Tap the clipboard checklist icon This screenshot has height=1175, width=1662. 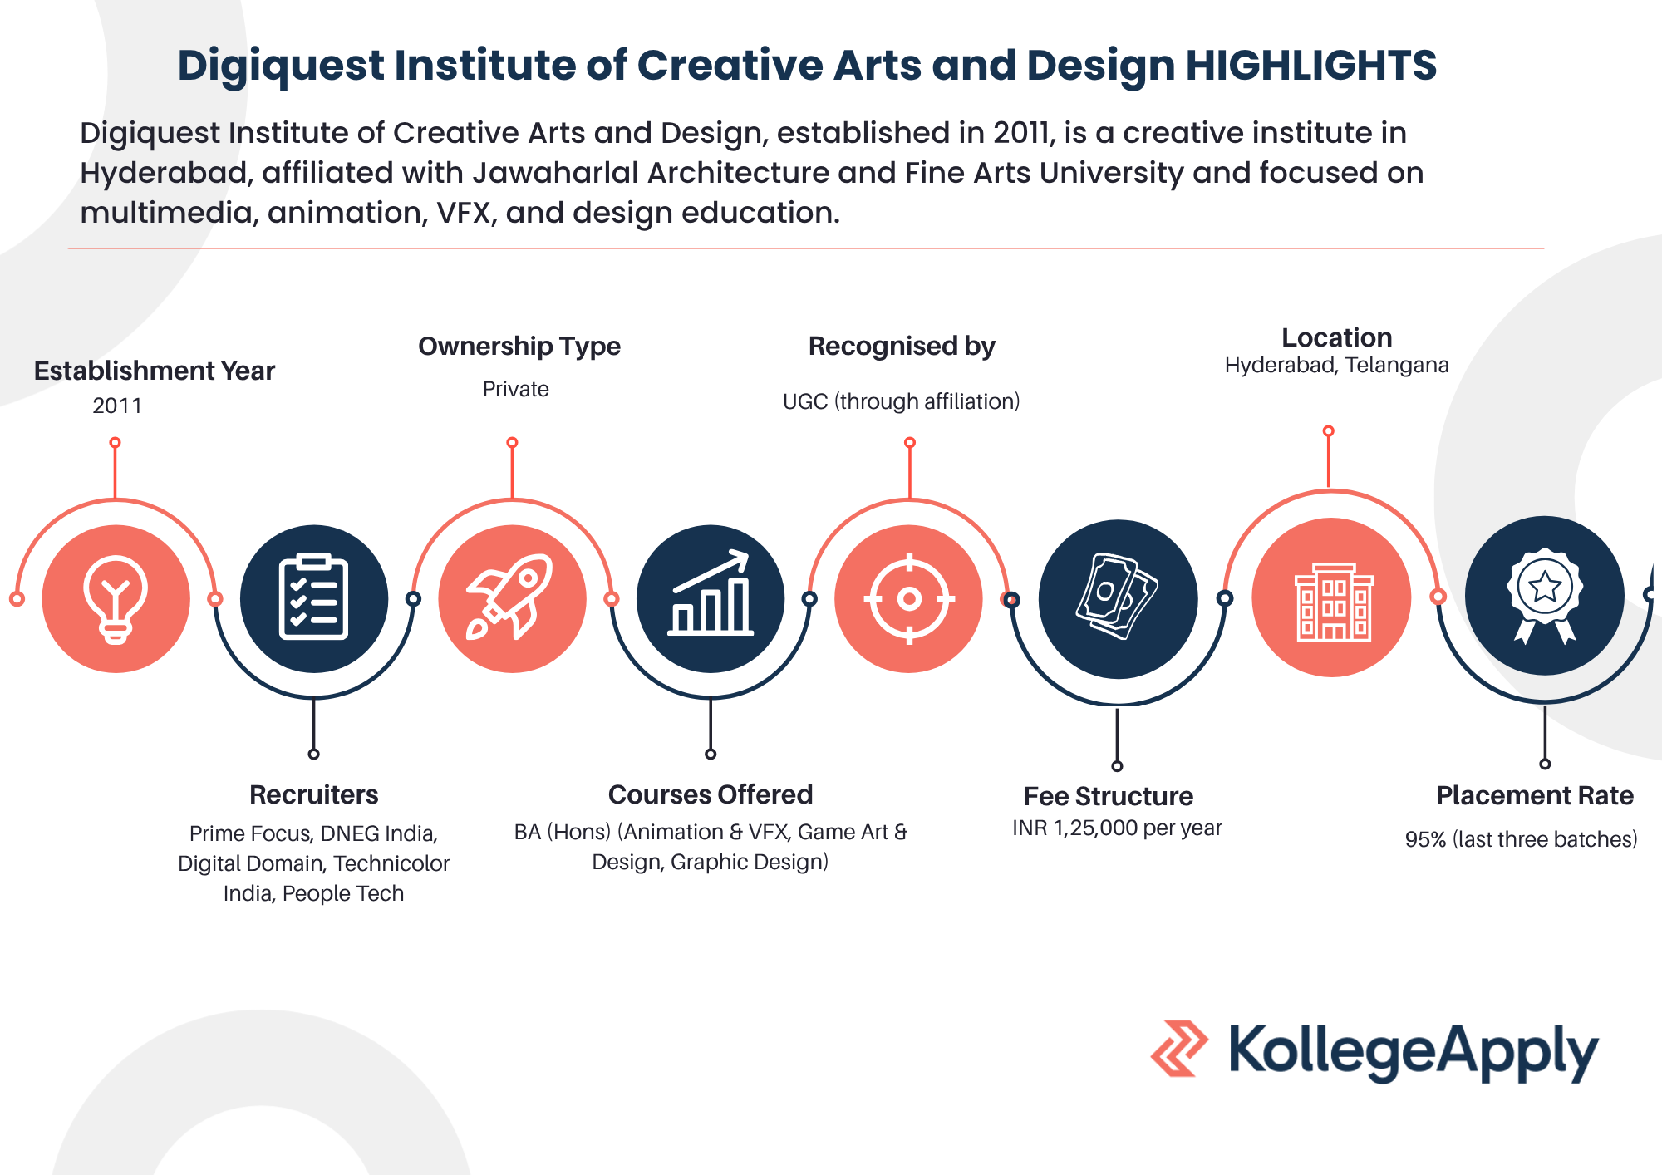[x=314, y=597]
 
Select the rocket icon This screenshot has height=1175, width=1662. [x=511, y=597]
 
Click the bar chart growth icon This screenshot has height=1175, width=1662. [x=711, y=593]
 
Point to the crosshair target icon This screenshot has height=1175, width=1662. [x=909, y=598]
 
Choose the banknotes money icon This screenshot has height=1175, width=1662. [x=1117, y=597]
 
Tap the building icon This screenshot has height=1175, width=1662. [x=1333, y=602]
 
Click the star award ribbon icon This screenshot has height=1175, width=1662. [x=1545, y=595]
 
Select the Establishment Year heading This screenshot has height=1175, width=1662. [x=155, y=371]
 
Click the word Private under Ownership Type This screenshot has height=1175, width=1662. [x=516, y=389]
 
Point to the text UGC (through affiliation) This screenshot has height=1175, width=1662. [x=902, y=401]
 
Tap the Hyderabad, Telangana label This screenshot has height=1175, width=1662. [x=1337, y=365]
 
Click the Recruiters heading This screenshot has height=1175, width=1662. [x=314, y=794]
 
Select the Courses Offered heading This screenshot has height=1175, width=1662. [x=711, y=794]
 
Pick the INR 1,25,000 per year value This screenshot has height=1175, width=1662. [x=1118, y=828]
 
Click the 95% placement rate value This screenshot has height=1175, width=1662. [x=1522, y=839]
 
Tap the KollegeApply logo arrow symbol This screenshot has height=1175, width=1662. [x=1179, y=1049]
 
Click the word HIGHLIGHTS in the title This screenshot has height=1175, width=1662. [x=1311, y=65]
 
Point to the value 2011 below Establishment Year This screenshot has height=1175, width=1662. [x=117, y=406]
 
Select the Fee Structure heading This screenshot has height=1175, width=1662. [x=1109, y=796]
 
